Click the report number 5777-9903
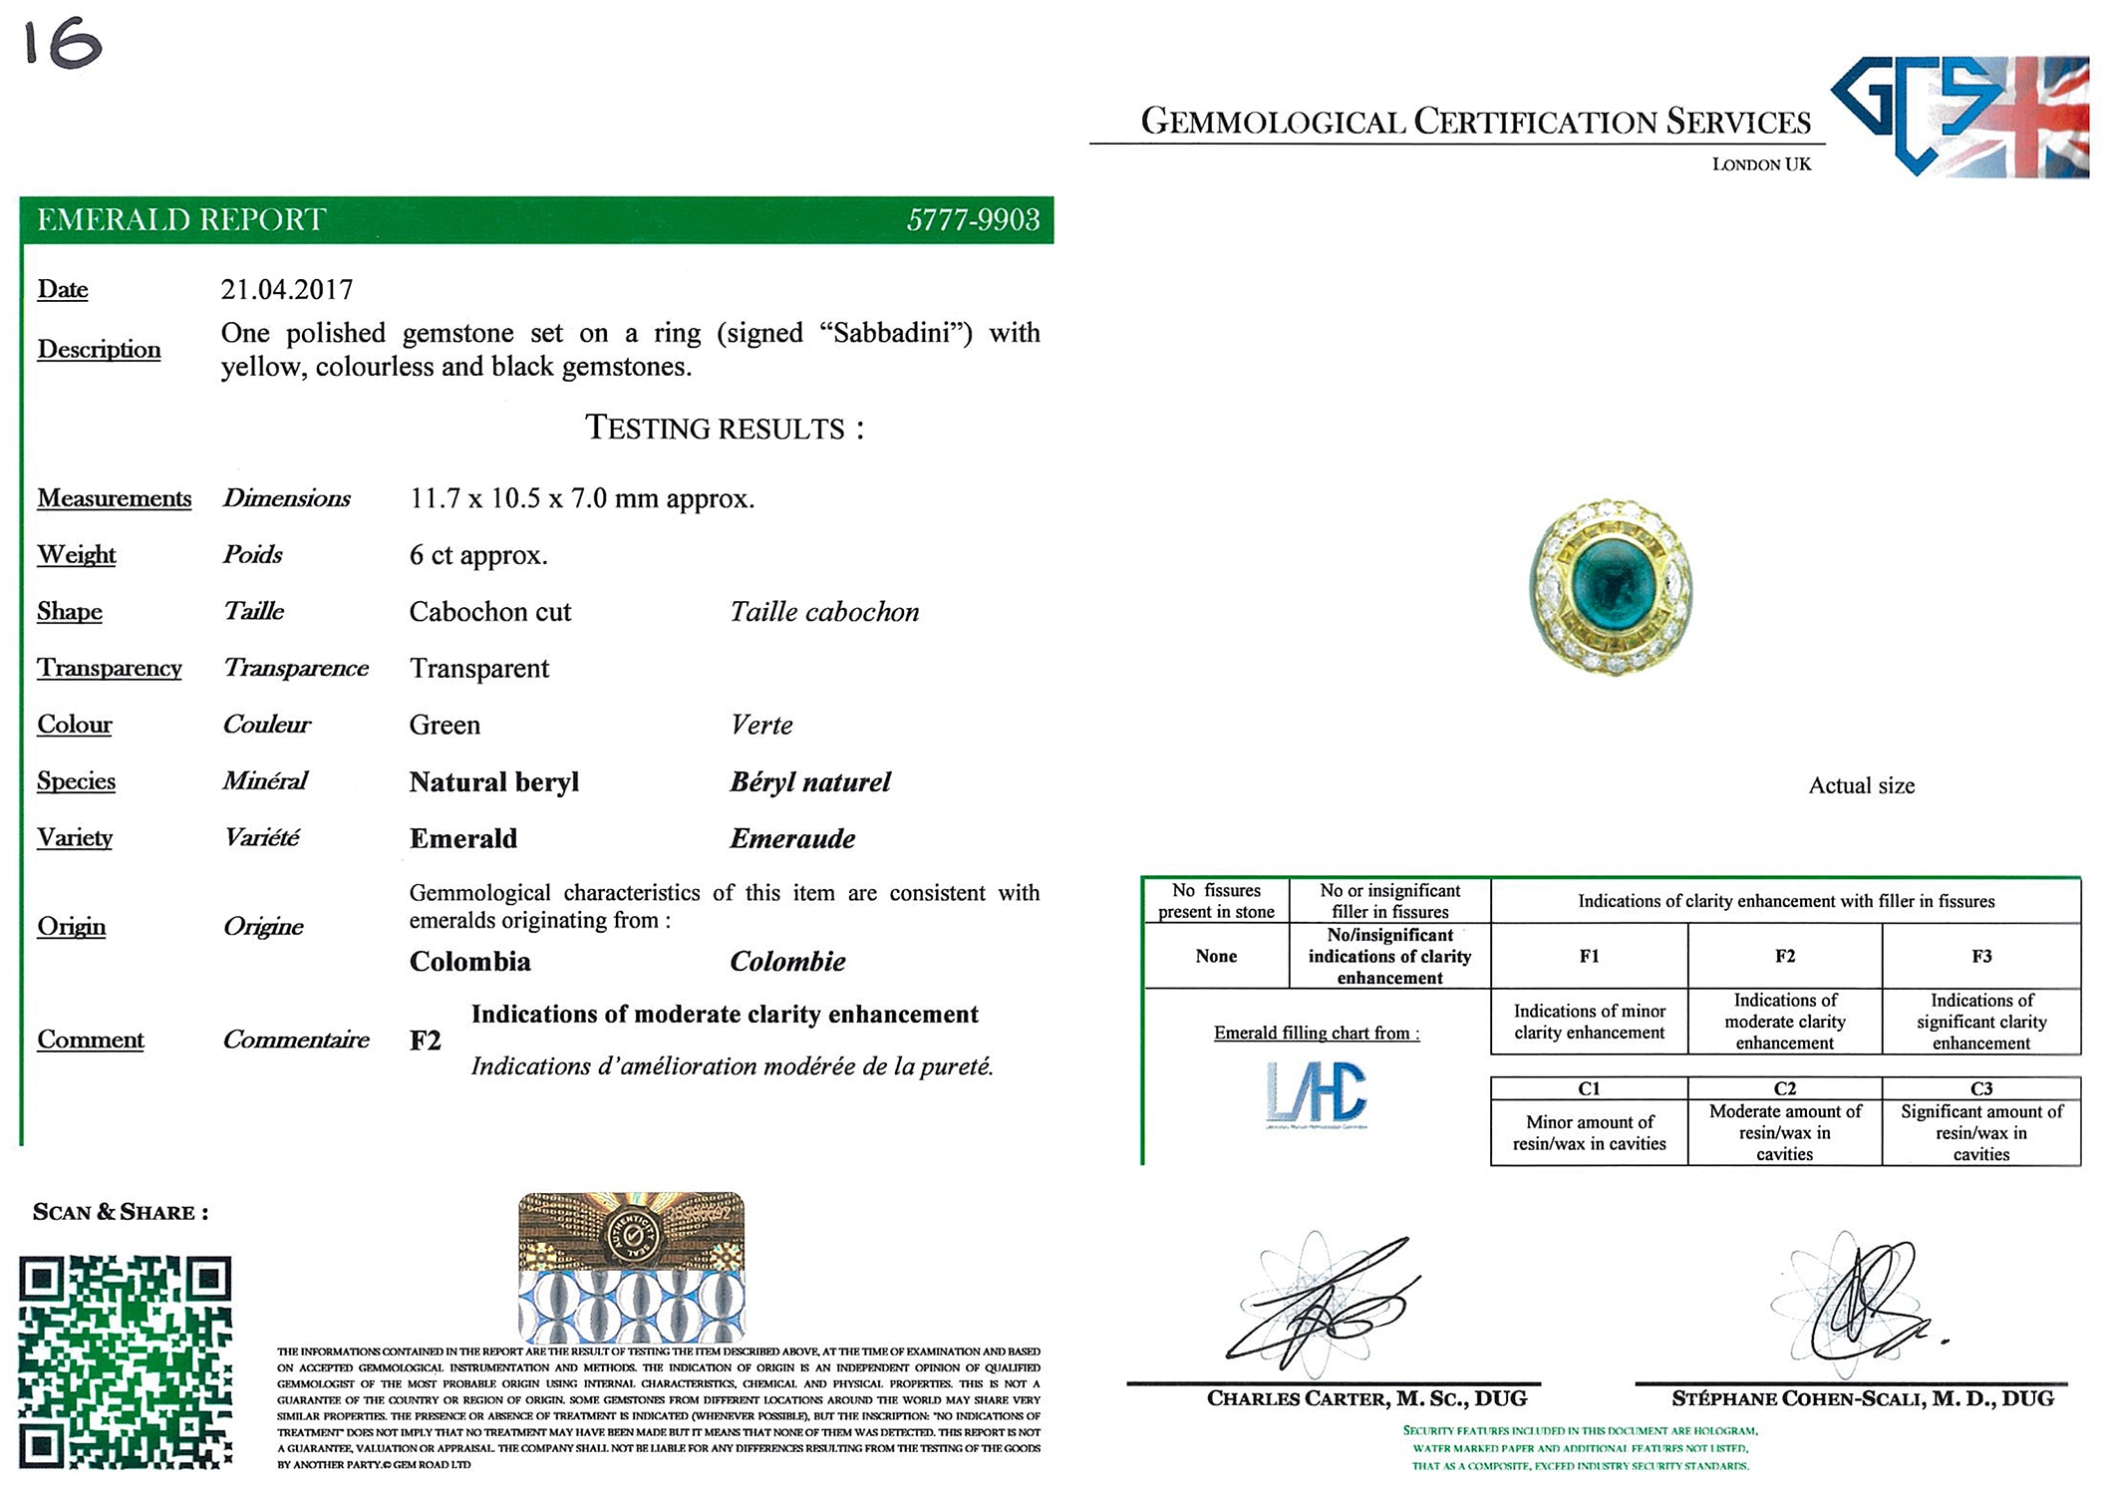coord(972,219)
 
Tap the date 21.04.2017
coord(287,290)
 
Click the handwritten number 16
coord(63,45)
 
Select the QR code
coord(126,1361)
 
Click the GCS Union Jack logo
coord(1959,116)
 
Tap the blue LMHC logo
coord(1316,1093)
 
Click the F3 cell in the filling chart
coord(1981,957)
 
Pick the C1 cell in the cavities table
coord(1589,1088)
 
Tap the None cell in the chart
coord(1216,957)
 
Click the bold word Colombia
coord(469,962)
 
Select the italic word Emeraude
coord(792,839)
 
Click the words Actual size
coord(1861,786)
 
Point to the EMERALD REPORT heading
coord(181,219)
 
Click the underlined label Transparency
coord(110,669)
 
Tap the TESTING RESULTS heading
coord(724,429)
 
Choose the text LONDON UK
coord(1761,164)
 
